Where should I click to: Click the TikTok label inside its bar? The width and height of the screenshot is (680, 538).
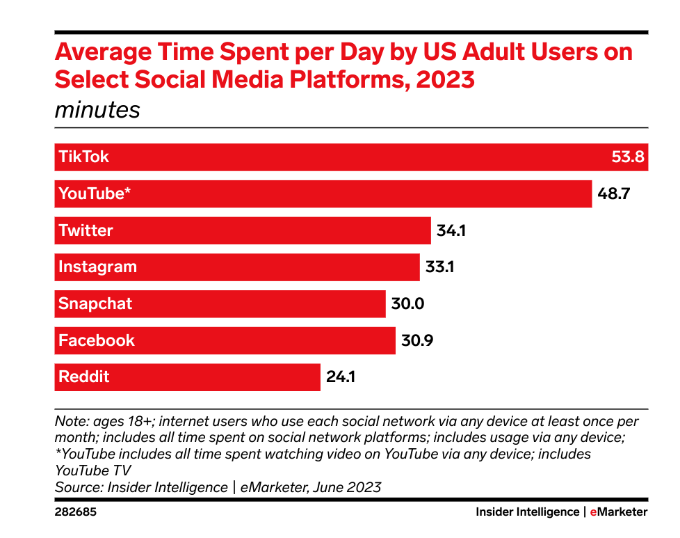click(83, 157)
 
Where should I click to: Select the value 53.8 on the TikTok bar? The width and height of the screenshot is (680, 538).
click(628, 157)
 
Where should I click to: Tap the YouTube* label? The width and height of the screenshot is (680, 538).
click(95, 193)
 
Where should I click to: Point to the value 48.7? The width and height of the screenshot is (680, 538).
click(613, 193)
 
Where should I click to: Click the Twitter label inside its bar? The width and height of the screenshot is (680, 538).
click(86, 230)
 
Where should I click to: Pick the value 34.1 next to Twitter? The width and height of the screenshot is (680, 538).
click(451, 230)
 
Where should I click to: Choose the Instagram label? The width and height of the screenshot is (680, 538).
click(97, 267)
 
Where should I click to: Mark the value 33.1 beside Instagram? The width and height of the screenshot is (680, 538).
click(439, 267)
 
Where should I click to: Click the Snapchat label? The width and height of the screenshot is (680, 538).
click(95, 304)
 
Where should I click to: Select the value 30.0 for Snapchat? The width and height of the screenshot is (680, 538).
click(407, 304)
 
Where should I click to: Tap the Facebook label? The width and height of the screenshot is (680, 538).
click(97, 340)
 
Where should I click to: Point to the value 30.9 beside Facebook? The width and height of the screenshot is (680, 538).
click(416, 340)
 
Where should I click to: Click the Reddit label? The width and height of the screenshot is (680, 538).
click(84, 377)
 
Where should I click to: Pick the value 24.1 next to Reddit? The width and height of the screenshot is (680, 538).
click(341, 377)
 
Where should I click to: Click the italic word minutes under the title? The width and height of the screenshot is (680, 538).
click(97, 110)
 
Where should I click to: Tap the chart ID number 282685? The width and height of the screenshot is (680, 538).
click(76, 512)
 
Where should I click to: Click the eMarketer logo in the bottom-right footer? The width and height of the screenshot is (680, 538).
click(618, 512)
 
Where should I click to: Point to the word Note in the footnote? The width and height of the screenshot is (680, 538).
click(69, 422)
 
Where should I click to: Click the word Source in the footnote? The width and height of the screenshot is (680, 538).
click(76, 487)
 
